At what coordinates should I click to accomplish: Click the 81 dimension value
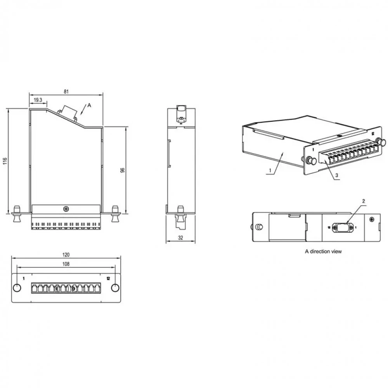point(66,92)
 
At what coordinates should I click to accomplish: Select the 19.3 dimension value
point(38,100)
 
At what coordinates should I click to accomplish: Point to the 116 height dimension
point(5,161)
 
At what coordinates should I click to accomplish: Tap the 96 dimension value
point(123,170)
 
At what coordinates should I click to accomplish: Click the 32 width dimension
point(181,238)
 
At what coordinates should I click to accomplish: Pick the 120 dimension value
point(66,255)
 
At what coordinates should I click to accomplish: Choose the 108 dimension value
point(66,264)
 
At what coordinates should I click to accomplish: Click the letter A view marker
point(89,105)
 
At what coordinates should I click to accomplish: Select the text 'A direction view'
point(323,251)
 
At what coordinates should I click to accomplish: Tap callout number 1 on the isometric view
point(270,170)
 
